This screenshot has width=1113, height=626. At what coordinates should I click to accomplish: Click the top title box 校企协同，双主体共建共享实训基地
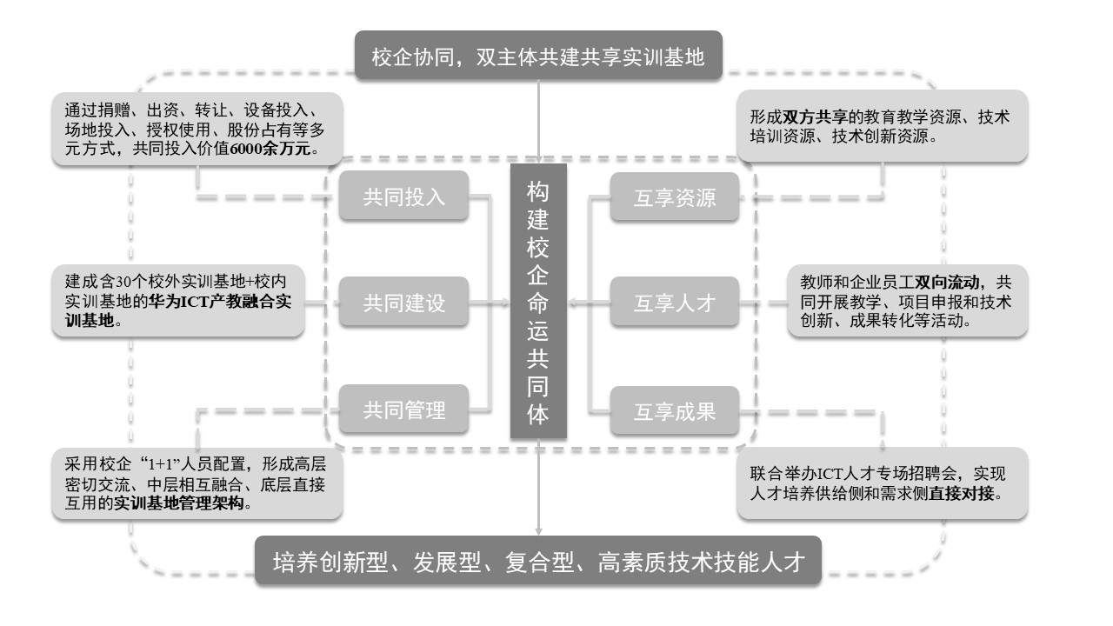click(x=538, y=57)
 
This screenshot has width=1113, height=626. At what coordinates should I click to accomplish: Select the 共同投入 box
click(x=403, y=196)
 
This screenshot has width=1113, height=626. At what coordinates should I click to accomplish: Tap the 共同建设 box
click(x=403, y=303)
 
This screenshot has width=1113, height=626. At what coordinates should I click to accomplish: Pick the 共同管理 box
click(x=403, y=410)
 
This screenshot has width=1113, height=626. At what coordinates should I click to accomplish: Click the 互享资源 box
click(x=675, y=197)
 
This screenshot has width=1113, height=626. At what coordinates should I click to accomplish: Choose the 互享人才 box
click(x=675, y=303)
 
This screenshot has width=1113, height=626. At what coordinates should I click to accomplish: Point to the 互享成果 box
click(x=675, y=410)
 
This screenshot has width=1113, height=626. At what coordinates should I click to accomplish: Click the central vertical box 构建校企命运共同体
click(x=538, y=301)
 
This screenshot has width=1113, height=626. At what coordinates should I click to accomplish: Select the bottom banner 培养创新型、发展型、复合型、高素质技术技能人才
click(x=538, y=563)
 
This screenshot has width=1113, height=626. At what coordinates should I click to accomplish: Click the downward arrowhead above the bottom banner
click(x=538, y=529)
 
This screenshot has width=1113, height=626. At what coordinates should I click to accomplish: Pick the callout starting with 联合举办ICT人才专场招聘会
click(x=882, y=484)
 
